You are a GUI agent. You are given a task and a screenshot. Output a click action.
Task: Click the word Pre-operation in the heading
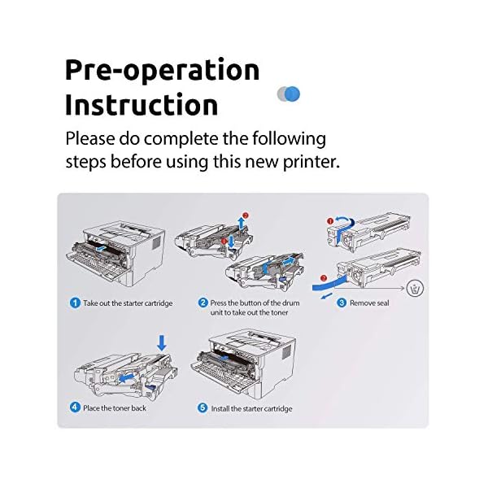tap(162, 70)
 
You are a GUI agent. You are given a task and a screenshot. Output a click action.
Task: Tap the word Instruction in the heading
tap(142, 105)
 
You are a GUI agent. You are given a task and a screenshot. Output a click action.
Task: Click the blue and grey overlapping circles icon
tap(289, 94)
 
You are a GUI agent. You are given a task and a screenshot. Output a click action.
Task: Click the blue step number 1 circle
tap(75, 303)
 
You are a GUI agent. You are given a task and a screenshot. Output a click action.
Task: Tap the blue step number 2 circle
tap(203, 303)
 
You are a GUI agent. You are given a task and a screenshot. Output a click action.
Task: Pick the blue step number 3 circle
tap(342, 303)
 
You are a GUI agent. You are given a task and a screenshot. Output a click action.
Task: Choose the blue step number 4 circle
tap(75, 407)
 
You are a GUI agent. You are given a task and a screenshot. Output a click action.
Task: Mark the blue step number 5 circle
tap(203, 407)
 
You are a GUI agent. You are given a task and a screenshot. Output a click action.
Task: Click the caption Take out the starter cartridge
tap(128, 303)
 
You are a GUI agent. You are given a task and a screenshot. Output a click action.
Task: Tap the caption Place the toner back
tap(115, 407)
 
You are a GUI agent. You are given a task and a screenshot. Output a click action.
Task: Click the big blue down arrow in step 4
tap(160, 343)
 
